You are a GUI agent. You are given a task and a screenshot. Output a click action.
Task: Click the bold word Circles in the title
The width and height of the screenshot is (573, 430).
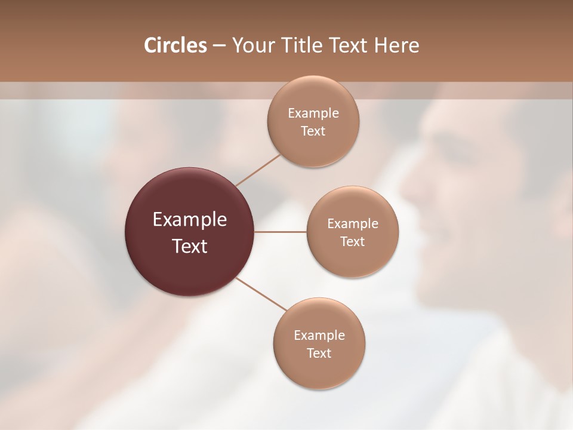[175, 45]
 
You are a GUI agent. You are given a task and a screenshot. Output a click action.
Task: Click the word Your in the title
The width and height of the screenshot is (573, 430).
[251, 45]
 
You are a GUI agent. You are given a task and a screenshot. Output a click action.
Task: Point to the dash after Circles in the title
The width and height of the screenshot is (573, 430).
[218, 46]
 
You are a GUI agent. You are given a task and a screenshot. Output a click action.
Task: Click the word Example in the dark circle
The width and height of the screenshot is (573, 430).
[189, 220]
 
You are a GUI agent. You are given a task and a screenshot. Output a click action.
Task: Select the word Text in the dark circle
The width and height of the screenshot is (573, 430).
[189, 246]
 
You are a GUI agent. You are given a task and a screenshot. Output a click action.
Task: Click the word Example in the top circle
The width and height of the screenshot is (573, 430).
[313, 113]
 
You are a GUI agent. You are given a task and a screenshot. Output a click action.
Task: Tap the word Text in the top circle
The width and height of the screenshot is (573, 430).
[313, 131]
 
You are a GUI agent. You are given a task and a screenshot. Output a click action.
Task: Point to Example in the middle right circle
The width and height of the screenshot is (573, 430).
[352, 224]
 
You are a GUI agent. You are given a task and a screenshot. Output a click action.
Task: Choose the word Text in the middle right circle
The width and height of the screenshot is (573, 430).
[352, 241]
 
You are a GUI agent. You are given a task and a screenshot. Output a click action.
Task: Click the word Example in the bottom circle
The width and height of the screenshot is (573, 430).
[319, 336]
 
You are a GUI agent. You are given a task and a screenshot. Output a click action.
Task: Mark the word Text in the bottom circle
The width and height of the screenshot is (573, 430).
[319, 353]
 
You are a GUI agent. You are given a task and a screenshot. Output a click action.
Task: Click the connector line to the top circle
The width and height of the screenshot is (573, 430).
[258, 170]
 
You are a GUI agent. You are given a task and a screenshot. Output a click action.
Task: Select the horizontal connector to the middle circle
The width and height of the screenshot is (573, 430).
[280, 232]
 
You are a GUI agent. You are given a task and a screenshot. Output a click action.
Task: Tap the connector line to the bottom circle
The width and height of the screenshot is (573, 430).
[261, 293]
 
